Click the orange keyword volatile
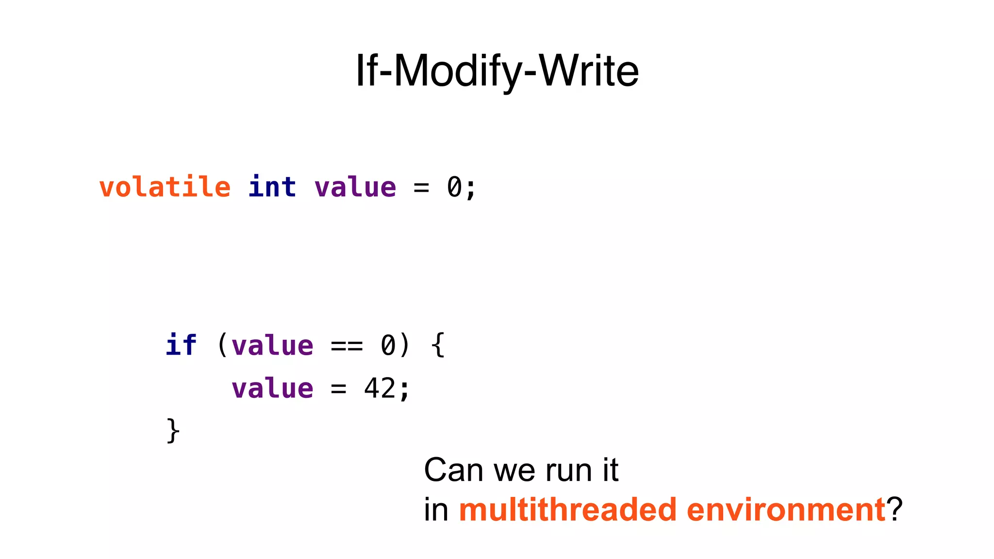pos(165,187)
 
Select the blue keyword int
pos(272,187)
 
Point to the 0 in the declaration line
pos(454,188)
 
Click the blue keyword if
pos(181,345)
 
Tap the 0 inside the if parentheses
pos(388,346)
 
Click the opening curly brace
pos(438,345)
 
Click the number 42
pos(380,389)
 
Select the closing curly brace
pos(173,431)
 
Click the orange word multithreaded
pos(568,510)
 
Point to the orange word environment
pos(786,510)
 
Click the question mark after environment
pos(895,510)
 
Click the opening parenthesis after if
pos(222,345)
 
